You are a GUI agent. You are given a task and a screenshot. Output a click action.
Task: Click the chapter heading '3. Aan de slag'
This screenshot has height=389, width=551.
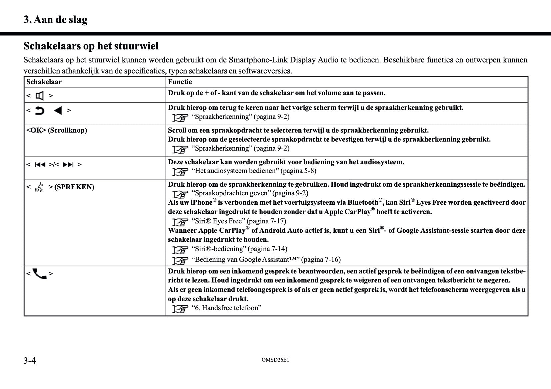click(x=55, y=20)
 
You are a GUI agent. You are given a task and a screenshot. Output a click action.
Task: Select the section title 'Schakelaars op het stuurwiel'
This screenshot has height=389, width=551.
click(x=91, y=46)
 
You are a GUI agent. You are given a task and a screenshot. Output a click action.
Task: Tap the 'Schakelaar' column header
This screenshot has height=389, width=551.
click(x=44, y=82)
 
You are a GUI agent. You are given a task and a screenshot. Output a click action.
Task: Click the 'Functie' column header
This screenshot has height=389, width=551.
click(x=180, y=82)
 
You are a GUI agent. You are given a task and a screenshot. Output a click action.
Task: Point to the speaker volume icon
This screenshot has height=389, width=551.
click(x=40, y=96)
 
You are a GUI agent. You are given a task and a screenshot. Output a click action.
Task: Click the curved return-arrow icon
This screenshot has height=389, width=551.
click(x=40, y=111)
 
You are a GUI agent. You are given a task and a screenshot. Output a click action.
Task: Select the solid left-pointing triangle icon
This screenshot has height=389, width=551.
click(x=58, y=111)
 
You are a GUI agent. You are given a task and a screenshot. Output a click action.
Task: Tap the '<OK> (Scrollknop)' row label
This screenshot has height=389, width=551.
click(x=57, y=130)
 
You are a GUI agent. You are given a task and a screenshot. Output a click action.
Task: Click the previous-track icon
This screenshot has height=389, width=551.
click(x=40, y=165)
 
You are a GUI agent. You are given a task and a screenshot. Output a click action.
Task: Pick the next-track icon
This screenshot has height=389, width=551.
click(x=68, y=165)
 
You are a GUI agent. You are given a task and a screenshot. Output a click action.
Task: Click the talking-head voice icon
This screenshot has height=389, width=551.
click(x=40, y=187)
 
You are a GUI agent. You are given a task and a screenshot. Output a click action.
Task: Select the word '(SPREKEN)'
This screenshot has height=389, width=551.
click(x=74, y=187)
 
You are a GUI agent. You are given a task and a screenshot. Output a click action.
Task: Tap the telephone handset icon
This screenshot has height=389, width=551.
click(x=40, y=274)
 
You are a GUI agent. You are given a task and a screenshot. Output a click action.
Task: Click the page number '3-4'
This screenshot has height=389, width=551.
click(x=30, y=361)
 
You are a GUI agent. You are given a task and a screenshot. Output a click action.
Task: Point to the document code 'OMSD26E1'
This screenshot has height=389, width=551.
click(x=275, y=360)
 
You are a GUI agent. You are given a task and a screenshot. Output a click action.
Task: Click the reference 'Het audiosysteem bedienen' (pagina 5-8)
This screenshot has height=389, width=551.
click(x=254, y=171)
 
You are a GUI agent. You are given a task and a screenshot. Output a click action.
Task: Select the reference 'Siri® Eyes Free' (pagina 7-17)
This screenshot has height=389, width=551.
click(x=239, y=221)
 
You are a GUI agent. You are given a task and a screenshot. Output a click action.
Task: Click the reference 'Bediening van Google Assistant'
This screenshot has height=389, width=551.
click(x=266, y=259)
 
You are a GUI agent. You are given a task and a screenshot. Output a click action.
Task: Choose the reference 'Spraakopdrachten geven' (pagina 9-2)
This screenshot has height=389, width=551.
click(x=250, y=193)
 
